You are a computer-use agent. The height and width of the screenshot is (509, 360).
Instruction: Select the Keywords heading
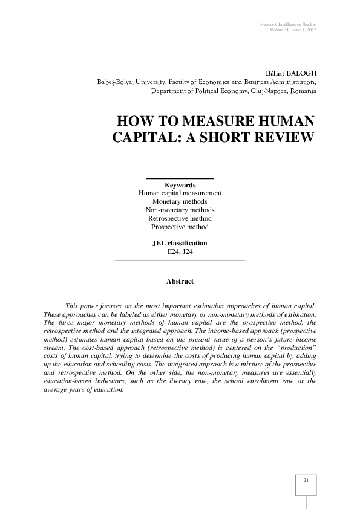coord(180,185)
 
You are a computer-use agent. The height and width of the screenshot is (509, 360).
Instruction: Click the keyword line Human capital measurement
coord(180,193)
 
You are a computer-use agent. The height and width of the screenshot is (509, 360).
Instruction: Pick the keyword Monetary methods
coord(180,201)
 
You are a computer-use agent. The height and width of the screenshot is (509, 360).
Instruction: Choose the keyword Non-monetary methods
coord(180,210)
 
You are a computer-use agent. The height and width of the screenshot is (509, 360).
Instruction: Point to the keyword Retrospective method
coord(180,218)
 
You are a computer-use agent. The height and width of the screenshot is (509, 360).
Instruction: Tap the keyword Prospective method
coord(180,227)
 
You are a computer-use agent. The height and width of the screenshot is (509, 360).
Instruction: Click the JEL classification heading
coord(180,243)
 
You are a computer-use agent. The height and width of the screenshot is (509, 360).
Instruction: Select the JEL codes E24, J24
coord(180,251)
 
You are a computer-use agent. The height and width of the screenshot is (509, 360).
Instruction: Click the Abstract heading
coord(180,281)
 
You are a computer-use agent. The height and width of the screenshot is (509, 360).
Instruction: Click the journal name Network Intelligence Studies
coord(288,24)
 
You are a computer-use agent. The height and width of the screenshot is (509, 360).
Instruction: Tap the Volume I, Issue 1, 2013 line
coord(292,30)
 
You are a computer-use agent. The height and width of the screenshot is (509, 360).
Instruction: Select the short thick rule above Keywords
coord(180,178)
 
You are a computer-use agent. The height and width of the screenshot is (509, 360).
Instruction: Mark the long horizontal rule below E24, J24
coord(180,260)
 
